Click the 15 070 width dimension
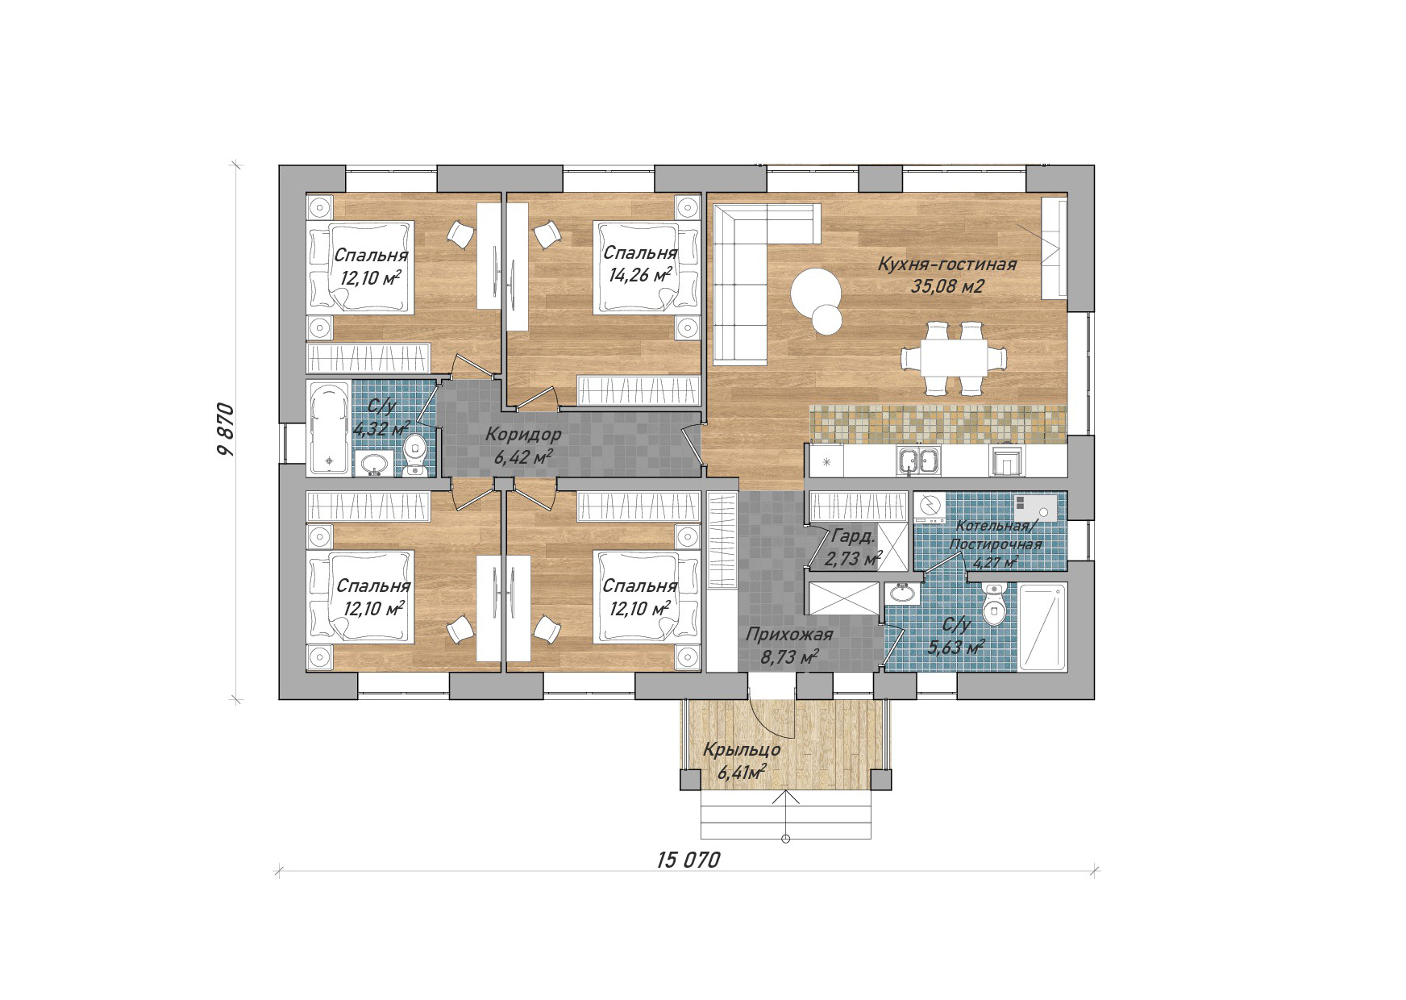coord(688,860)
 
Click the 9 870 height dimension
coord(226,430)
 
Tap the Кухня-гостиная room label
coord(946,264)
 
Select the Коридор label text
coord(523,435)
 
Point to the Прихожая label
coord(788,635)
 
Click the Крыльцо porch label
coord(742,750)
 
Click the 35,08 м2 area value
coord(947,286)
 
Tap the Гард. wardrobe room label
coord(853,536)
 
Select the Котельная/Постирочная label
coord(995,535)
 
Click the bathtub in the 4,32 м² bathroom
coord(329,428)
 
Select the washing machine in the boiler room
coord(930,509)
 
